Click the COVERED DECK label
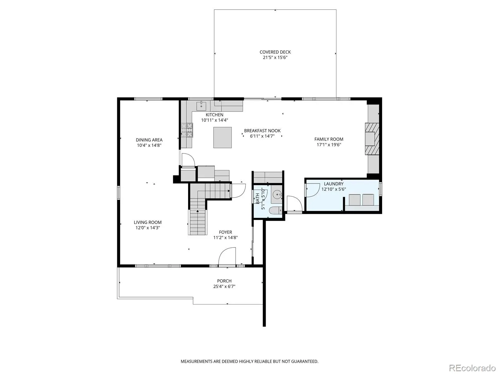275,52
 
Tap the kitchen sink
201,106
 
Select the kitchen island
222,137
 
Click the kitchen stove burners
187,130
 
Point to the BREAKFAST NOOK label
262,131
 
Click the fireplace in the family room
372,139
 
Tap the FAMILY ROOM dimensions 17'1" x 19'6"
329,145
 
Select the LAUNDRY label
333,184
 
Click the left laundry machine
355,200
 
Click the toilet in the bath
275,210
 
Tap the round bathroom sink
277,194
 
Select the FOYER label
225,232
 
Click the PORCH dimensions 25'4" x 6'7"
224,286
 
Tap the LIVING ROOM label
148,222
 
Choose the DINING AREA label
149,140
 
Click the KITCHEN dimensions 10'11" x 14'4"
214,120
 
